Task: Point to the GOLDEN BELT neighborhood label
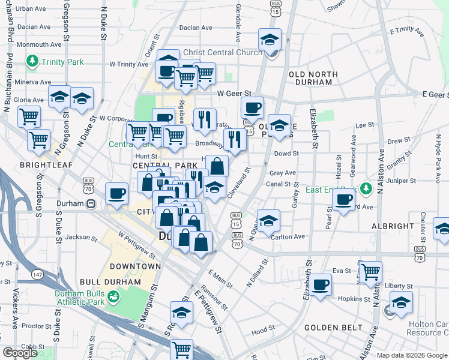pyautogui.click(x=333, y=328)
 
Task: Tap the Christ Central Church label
pyautogui.click(x=223, y=53)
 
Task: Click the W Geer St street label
pyautogui.click(x=234, y=94)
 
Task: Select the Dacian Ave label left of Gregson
pyautogui.click(x=34, y=27)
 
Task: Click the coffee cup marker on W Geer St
pyautogui.click(x=252, y=107)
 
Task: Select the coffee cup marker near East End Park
pyautogui.click(x=343, y=199)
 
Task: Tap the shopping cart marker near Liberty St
pyautogui.click(x=370, y=272)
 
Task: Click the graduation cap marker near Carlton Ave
pyautogui.click(x=268, y=220)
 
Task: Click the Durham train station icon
pyautogui.click(x=91, y=203)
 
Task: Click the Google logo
pyautogui.click(x=20, y=353)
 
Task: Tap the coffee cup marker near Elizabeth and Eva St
pyautogui.click(x=320, y=284)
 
